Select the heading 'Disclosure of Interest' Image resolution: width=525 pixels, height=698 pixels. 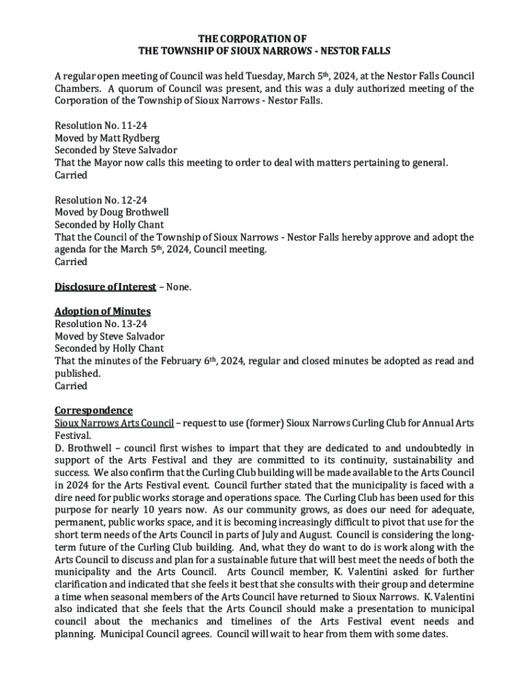(x=105, y=287)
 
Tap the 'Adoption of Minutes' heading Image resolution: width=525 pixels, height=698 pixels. (x=102, y=312)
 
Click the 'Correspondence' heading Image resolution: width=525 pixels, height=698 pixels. (x=93, y=410)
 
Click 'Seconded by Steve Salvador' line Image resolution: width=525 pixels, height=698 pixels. (x=116, y=150)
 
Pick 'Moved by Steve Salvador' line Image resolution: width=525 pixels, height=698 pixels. (x=109, y=336)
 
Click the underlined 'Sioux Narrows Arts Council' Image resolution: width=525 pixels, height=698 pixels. (x=114, y=423)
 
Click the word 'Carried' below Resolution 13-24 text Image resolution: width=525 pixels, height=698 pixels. (x=71, y=386)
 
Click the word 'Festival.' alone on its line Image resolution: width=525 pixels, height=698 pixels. (x=72, y=435)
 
